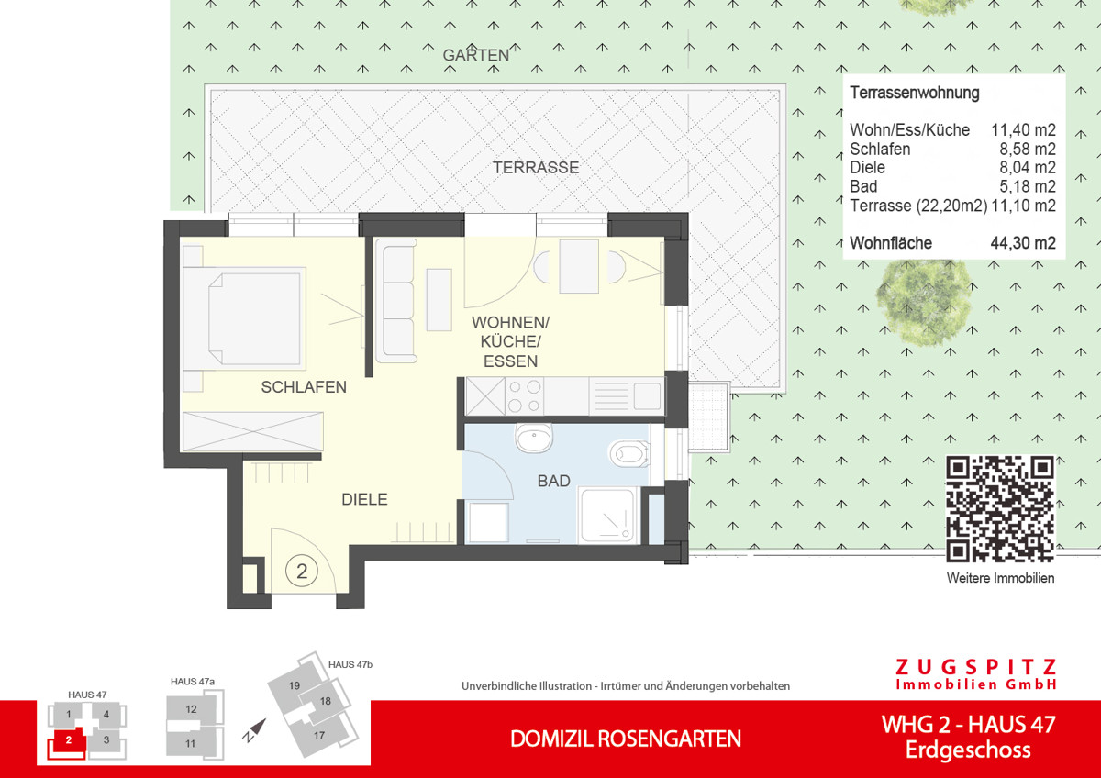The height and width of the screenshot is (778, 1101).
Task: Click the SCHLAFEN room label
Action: (304, 387)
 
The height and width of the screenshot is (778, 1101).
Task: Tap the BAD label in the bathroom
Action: (553, 481)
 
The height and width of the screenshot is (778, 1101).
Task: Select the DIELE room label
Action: (364, 500)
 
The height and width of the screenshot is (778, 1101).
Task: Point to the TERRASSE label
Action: (536, 168)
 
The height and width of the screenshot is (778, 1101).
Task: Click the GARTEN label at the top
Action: (475, 55)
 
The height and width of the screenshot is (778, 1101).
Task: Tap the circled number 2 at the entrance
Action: (302, 571)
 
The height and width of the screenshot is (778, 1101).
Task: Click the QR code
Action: (1000, 508)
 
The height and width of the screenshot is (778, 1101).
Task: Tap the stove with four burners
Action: (524, 396)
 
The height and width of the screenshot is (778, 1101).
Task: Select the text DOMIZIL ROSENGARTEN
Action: (626, 739)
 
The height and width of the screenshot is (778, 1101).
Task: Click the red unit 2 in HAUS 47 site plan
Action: (64, 739)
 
